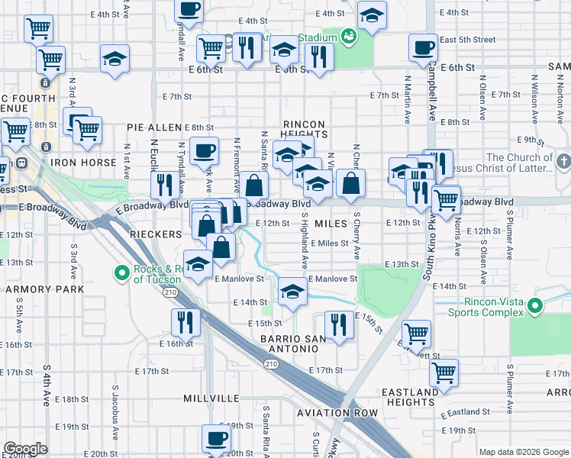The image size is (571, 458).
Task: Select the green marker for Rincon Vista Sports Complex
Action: coord(535,307)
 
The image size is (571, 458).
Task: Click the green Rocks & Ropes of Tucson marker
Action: coord(121,273)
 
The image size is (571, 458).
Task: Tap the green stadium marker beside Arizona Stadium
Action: coord(349,35)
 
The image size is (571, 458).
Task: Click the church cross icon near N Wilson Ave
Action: coord(563,163)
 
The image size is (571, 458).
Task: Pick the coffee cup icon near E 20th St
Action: coord(216,438)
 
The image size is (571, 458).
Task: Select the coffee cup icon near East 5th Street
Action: coord(422,47)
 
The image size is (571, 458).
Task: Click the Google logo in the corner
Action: coord(25,449)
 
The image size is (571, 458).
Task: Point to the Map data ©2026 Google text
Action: coord(524,452)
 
